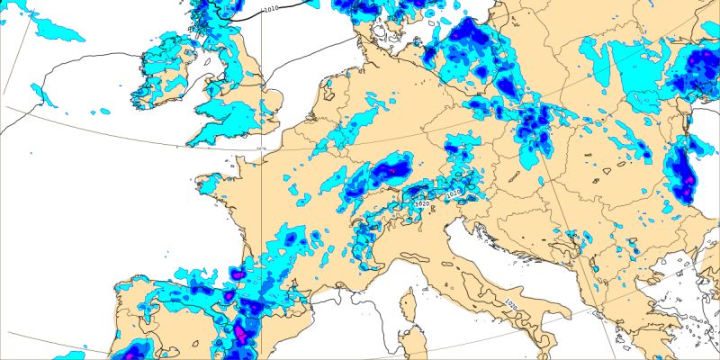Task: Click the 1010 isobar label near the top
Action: [x=271, y=10]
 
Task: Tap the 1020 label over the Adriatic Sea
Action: [x=510, y=303]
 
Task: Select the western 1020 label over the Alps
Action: [x=423, y=204]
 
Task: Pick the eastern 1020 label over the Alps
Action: [x=454, y=192]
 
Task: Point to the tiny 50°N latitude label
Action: [x=262, y=149]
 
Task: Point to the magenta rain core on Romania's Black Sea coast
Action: [x=688, y=184]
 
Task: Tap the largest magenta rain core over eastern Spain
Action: [x=240, y=335]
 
